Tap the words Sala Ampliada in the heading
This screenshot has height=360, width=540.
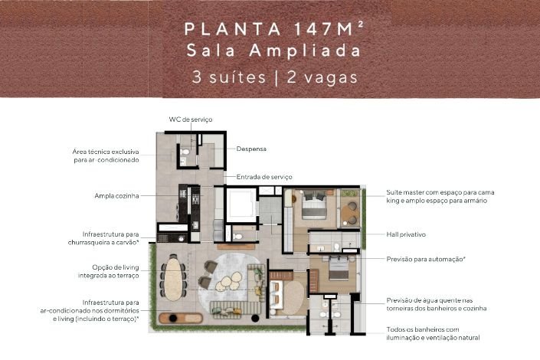point(273,51)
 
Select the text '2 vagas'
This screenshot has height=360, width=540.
point(322,77)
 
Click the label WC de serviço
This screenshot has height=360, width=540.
point(191,119)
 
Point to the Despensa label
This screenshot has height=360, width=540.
point(251,149)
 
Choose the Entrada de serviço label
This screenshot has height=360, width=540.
point(264,177)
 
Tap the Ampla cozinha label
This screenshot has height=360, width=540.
point(116,195)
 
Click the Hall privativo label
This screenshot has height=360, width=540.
point(406,234)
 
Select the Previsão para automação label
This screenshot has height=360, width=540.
point(426,259)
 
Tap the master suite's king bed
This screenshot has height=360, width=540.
point(314,205)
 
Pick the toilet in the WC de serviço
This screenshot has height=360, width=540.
point(185,152)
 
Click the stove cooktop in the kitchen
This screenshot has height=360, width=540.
point(195,199)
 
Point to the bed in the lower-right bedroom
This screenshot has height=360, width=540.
point(338,268)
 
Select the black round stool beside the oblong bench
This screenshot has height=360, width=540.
point(255,318)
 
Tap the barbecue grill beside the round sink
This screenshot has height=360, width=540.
point(163,238)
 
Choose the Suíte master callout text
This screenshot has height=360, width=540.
point(440,196)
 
